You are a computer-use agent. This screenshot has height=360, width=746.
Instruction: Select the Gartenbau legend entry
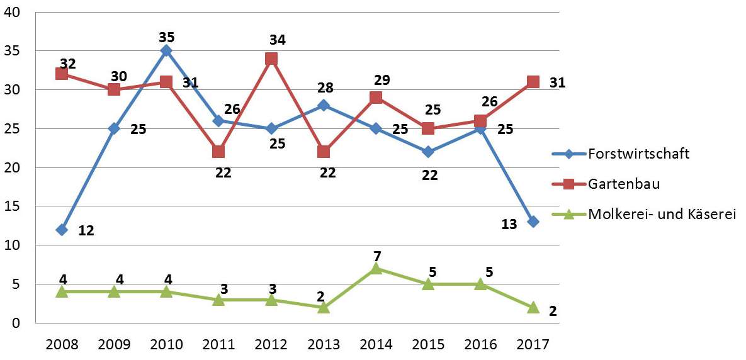[x=619, y=183]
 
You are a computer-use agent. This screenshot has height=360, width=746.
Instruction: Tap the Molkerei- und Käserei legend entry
[x=662, y=214]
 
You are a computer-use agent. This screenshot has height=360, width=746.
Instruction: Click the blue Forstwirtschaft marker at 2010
[x=166, y=50]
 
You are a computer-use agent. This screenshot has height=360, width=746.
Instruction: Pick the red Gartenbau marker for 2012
[x=271, y=59]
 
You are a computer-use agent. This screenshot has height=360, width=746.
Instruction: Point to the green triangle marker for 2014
[x=376, y=268]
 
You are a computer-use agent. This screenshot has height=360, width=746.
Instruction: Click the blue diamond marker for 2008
[x=62, y=230]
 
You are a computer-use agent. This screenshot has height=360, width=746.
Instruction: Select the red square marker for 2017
[x=533, y=82]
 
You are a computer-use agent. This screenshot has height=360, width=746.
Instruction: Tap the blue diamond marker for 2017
[x=533, y=222]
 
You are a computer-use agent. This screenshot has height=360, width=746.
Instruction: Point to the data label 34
[x=277, y=40]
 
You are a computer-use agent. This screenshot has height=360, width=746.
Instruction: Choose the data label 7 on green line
[x=377, y=256]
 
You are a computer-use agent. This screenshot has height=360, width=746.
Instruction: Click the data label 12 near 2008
[x=86, y=230]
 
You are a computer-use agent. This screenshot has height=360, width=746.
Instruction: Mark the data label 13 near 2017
[x=509, y=225]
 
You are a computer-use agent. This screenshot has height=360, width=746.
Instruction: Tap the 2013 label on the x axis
[x=324, y=344]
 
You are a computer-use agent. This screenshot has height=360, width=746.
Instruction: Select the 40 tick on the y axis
[x=13, y=13]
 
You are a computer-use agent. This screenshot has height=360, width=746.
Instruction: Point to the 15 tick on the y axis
[x=13, y=206]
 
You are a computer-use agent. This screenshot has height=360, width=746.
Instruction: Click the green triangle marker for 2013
[x=324, y=307]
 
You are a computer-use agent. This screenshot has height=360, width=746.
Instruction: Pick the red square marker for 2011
[x=218, y=152]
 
